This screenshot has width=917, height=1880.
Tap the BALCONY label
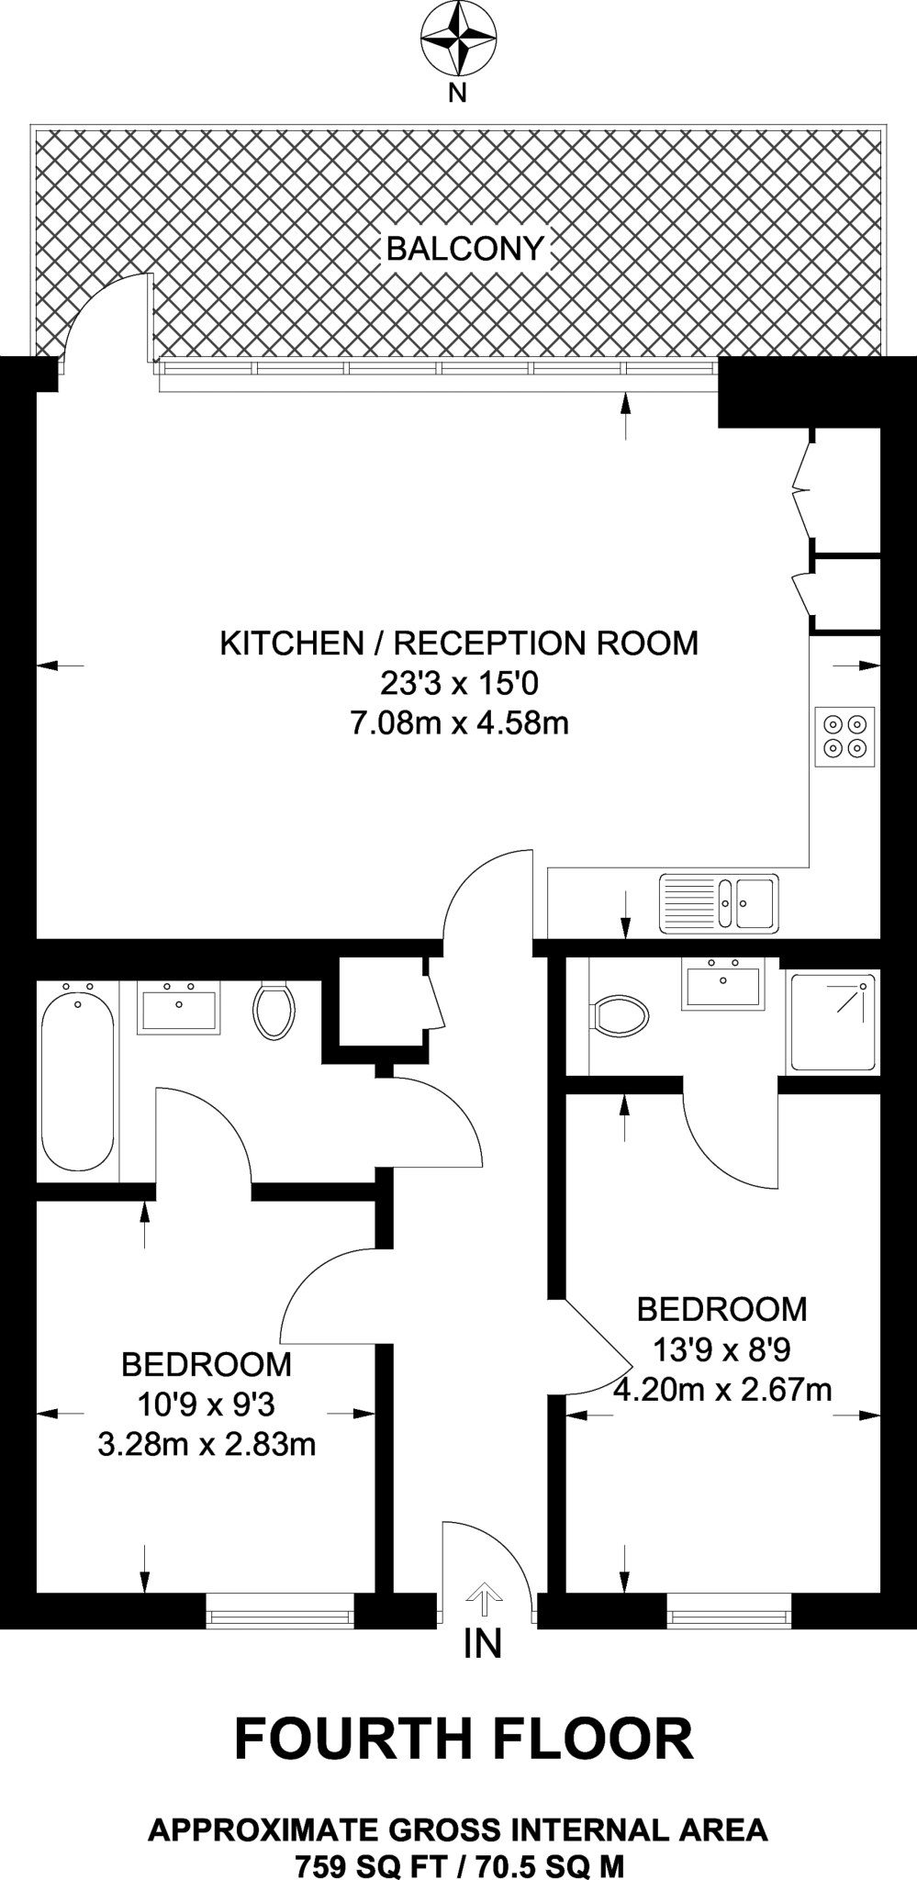pyautogui.click(x=465, y=248)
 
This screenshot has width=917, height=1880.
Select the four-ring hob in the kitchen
pyautogui.click(x=844, y=736)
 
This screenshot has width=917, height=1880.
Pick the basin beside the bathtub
pyautogui.click(x=178, y=1007)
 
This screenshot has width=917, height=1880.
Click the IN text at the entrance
pyautogui.click(x=483, y=1643)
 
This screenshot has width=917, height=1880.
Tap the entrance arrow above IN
pyautogui.click(x=484, y=1599)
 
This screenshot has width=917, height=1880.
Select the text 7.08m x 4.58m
pyautogui.click(x=459, y=723)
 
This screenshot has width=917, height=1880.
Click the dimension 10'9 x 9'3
pyautogui.click(x=207, y=1404)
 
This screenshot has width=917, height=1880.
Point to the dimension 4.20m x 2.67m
pyautogui.click(x=722, y=1390)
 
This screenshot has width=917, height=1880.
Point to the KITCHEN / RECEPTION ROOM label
pyautogui.click(x=459, y=643)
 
